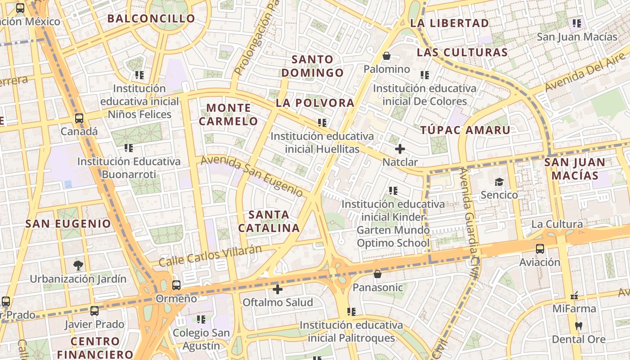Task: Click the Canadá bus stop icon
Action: (79, 119)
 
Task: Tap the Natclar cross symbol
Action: (400, 149)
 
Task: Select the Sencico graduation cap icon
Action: (499, 182)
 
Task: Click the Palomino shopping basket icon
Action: (386, 56)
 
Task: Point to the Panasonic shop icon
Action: (378, 274)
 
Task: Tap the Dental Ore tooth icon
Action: (579, 326)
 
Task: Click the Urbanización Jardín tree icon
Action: (78, 265)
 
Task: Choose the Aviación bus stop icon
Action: (540, 249)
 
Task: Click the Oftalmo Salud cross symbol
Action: (278, 289)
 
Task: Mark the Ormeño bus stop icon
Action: (176, 285)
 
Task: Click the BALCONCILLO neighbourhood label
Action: (151, 19)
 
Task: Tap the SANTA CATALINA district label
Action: (269, 221)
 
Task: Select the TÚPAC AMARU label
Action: (465, 130)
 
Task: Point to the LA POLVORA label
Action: (315, 103)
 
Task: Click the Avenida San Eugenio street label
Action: (252, 176)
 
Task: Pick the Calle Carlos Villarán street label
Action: (210, 255)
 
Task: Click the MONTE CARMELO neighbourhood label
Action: (229, 114)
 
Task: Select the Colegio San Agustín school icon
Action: (201, 319)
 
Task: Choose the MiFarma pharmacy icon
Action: (574, 296)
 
